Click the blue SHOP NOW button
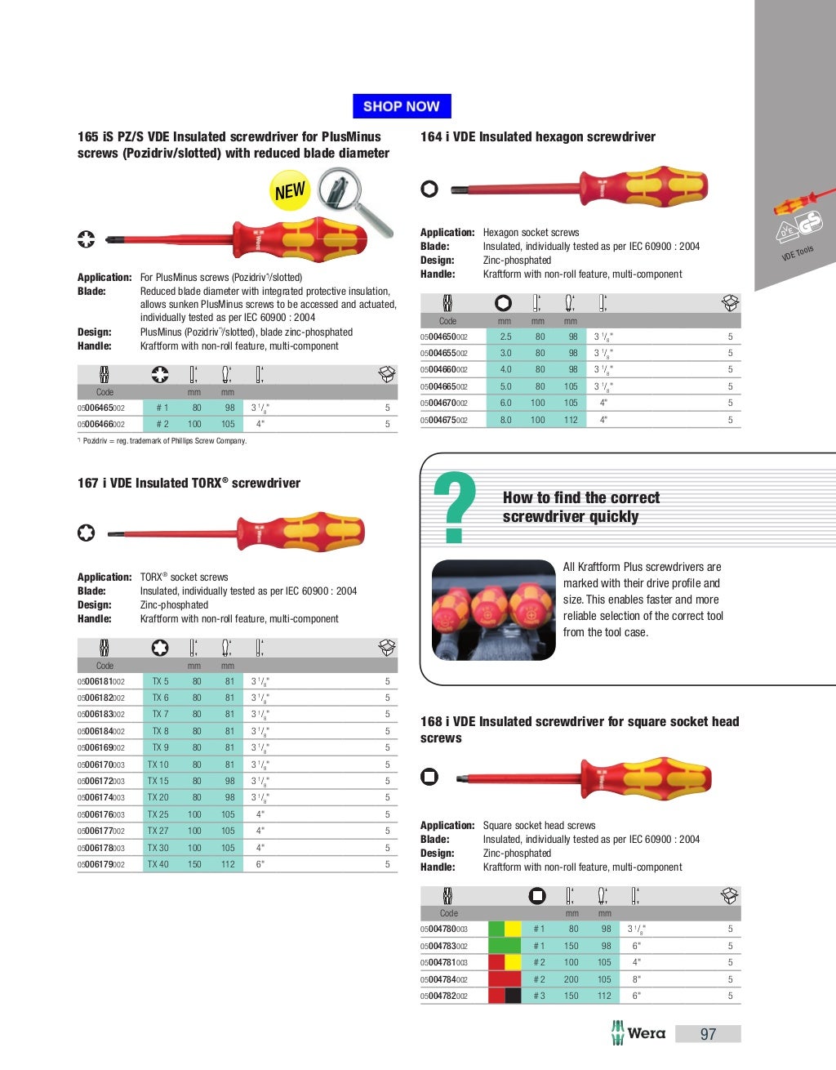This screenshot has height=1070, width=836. click(x=402, y=106)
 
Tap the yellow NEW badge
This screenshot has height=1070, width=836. click(x=290, y=191)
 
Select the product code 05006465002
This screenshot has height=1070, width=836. click(x=101, y=408)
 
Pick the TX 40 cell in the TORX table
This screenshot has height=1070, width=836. click(x=158, y=864)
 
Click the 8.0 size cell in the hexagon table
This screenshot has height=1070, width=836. click(x=506, y=420)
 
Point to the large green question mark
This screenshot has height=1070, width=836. click(x=455, y=508)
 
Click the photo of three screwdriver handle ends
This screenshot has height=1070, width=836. click(x=493, y=610)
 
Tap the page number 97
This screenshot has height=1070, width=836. click(x=708, y=1034)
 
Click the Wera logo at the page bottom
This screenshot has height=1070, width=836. click(x=638, y=1033)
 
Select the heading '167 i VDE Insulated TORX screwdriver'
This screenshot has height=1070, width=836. click(x=189, y=484)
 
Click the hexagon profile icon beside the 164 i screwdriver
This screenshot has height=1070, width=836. click(x=429, y=189)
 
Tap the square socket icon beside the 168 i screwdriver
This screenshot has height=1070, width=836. click(x=429, y=777)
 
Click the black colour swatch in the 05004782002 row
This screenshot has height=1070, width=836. click(x=513, y=996)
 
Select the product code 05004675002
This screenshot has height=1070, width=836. click(x=444, y=420)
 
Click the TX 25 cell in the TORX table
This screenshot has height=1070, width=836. click(x=158, y=814)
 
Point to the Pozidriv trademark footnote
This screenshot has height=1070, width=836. click(x=162, y=441)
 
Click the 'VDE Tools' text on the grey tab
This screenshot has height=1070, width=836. click(x=798, y=253)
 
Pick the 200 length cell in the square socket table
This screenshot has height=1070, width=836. click(x=571, y=979)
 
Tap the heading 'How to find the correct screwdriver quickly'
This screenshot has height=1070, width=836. click(x=580, y=507)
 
